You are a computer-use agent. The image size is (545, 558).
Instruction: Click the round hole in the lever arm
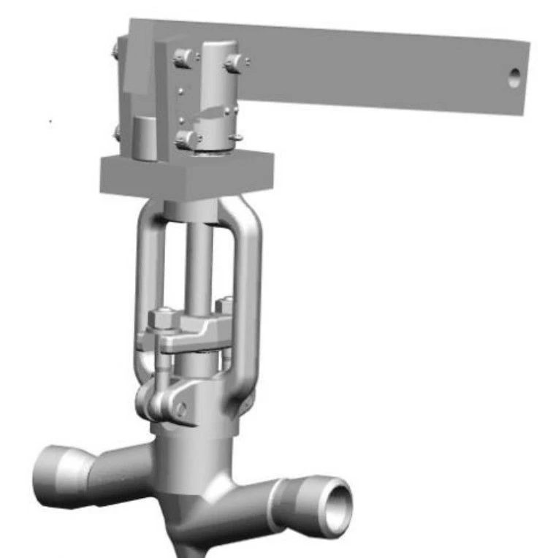click(514, 77)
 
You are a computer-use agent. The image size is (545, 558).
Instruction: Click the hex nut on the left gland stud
click(159, 319)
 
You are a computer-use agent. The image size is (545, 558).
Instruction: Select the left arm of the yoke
click(144, 285)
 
